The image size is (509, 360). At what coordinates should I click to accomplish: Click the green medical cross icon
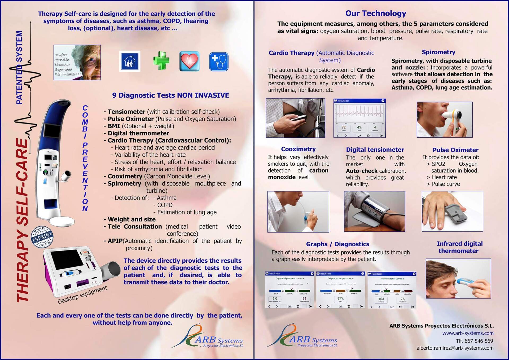tap(161, 61)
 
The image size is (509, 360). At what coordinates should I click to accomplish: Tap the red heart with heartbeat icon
tap(189, 61)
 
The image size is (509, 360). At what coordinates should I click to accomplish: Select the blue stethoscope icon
tap(219, 62)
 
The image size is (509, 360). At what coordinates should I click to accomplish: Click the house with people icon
tap(130, 61)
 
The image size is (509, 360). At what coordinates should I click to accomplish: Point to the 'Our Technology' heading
tap(375, 13)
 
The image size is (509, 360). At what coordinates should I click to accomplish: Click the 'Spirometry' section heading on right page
tap(438, 52)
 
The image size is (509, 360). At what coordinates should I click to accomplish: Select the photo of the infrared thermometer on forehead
tap(458, 278)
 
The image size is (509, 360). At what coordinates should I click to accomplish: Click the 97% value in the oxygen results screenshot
tap(340, 298)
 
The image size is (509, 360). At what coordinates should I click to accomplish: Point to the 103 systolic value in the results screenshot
tap(381, 299)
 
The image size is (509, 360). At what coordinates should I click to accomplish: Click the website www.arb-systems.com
tap(468, 333)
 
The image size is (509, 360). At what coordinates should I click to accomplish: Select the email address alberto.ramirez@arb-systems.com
tap(455, 348)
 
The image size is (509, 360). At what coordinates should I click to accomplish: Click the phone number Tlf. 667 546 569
tap(474, 341)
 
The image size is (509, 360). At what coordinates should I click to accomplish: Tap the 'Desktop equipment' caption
tap(82, 295)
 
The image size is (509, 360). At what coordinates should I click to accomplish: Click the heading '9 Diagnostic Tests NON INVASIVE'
tap(170, 95)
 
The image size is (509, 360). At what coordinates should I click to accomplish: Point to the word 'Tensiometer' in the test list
tap(126, 112)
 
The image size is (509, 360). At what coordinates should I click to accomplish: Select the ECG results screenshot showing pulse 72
tap(359, 118)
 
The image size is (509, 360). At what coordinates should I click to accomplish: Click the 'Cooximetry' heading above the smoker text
tap(298, 149)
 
